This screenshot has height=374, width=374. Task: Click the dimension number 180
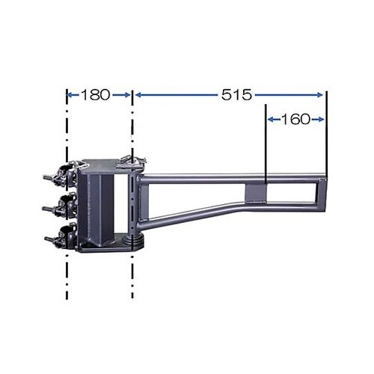95,95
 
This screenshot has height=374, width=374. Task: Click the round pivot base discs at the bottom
135,243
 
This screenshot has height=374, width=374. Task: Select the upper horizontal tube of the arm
224,179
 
